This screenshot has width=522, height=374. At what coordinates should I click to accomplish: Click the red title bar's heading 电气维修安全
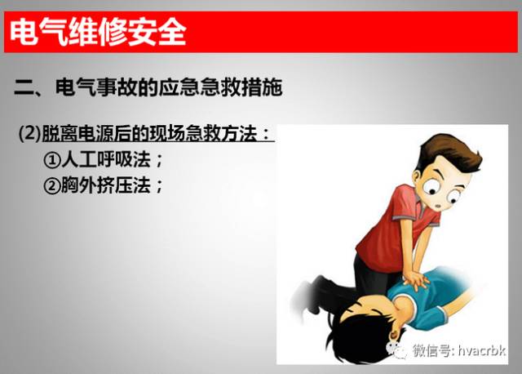pos(97,33)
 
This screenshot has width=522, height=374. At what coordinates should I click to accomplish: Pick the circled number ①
pos(52,159)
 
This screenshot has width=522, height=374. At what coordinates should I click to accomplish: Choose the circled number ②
pos(52,185)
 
